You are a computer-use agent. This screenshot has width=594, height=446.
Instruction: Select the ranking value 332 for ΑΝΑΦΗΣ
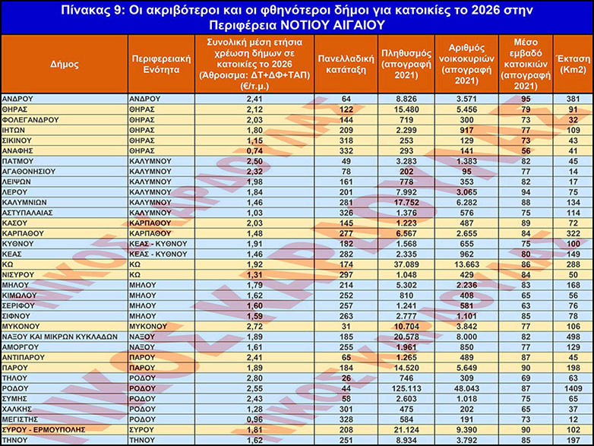click(x=346, y=151)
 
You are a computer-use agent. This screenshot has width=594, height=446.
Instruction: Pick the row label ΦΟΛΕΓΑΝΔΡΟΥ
click(x=30, y=119)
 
